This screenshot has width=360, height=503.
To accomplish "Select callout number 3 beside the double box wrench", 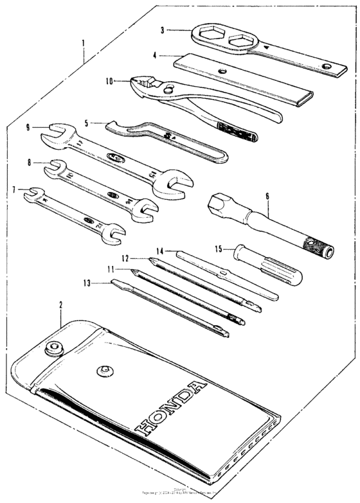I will [x=163, y=30].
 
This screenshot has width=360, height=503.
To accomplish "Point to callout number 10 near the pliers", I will [x=109, y=82].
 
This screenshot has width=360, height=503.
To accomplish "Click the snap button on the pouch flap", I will [x=102, y=371].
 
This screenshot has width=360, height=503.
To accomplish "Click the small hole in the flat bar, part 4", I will [x=222, y=71].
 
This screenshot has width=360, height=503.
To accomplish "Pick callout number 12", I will [x=127, y=258].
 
